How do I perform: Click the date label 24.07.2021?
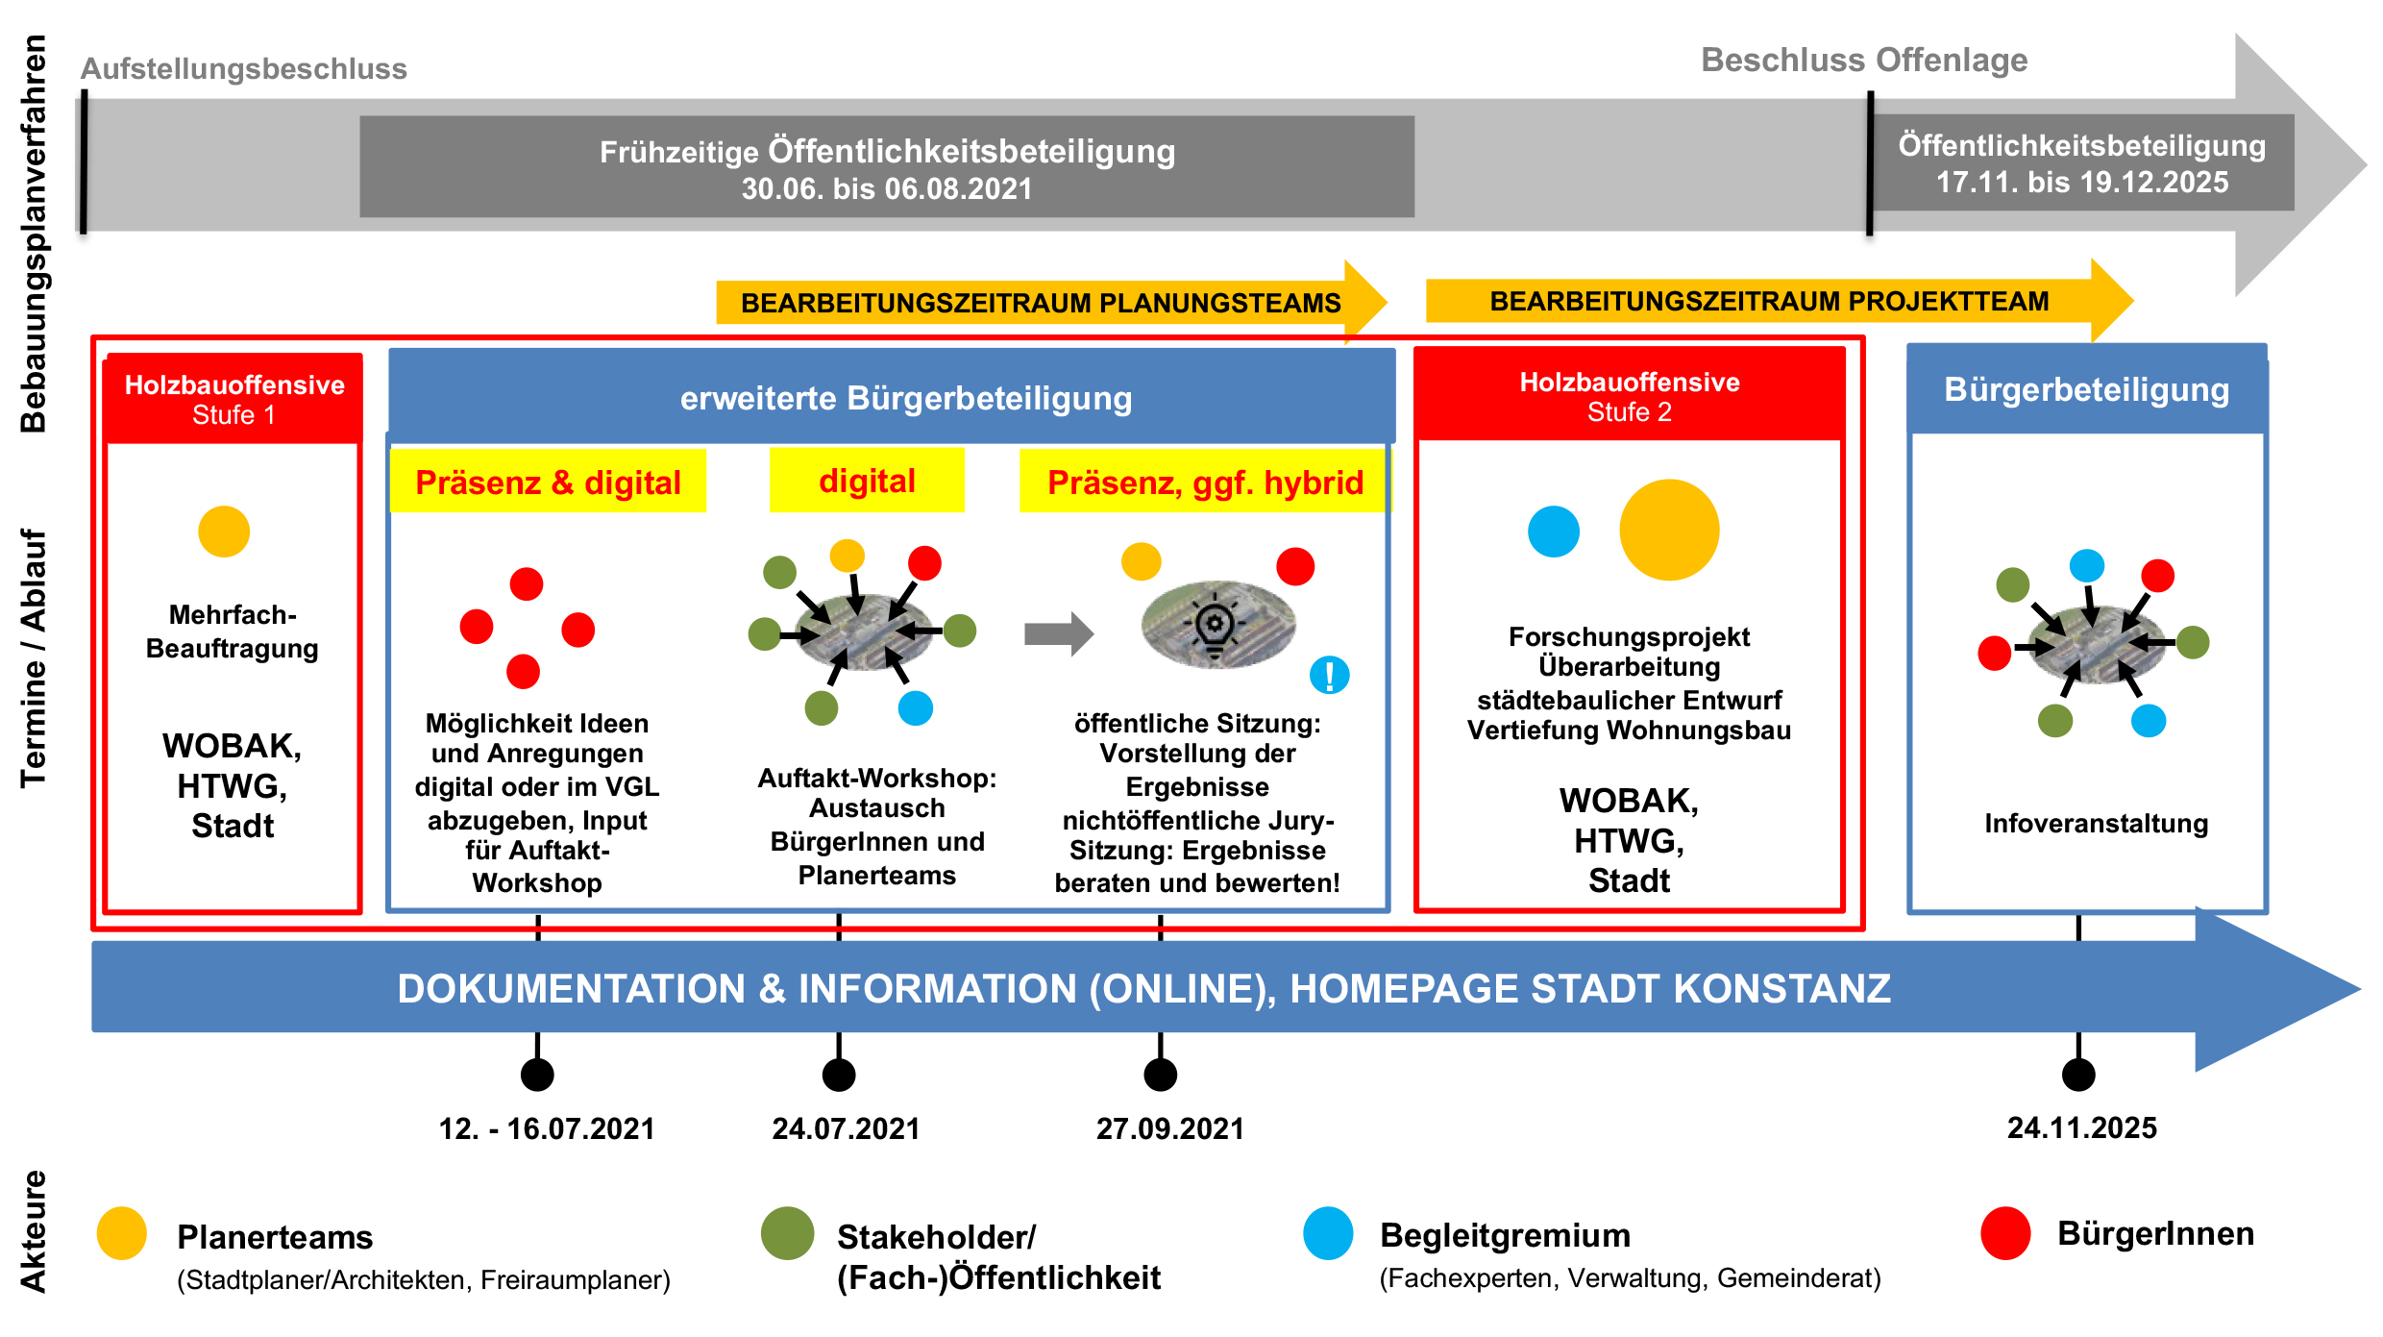(846, 1128)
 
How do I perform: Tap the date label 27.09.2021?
(1169, 1128)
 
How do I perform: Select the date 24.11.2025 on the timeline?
(2081, 1127)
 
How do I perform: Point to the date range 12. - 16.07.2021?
(546, 1128)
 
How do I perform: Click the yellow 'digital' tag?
(867, 481)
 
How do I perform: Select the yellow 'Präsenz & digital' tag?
(548, 482)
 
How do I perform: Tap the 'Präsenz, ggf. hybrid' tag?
(1205, 482)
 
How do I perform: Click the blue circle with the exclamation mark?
(1329, 676)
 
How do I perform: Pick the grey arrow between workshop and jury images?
(1058, 634)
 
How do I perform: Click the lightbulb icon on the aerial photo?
(1216, 626)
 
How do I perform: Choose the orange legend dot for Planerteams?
(122, 1233)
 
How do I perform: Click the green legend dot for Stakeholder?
(787, 1233)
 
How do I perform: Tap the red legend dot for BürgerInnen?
(2005, 1233)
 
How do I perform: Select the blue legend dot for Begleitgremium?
(1328, 1233)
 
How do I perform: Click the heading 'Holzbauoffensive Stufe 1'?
(233, 399)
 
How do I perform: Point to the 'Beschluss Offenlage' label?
(1863, 60)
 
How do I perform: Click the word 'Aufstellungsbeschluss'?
(243, 69)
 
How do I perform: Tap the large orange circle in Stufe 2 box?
(1669, 530)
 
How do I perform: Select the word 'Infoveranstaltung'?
(2096, 824)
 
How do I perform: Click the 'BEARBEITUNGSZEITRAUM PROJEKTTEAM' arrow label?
(1768, 302)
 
